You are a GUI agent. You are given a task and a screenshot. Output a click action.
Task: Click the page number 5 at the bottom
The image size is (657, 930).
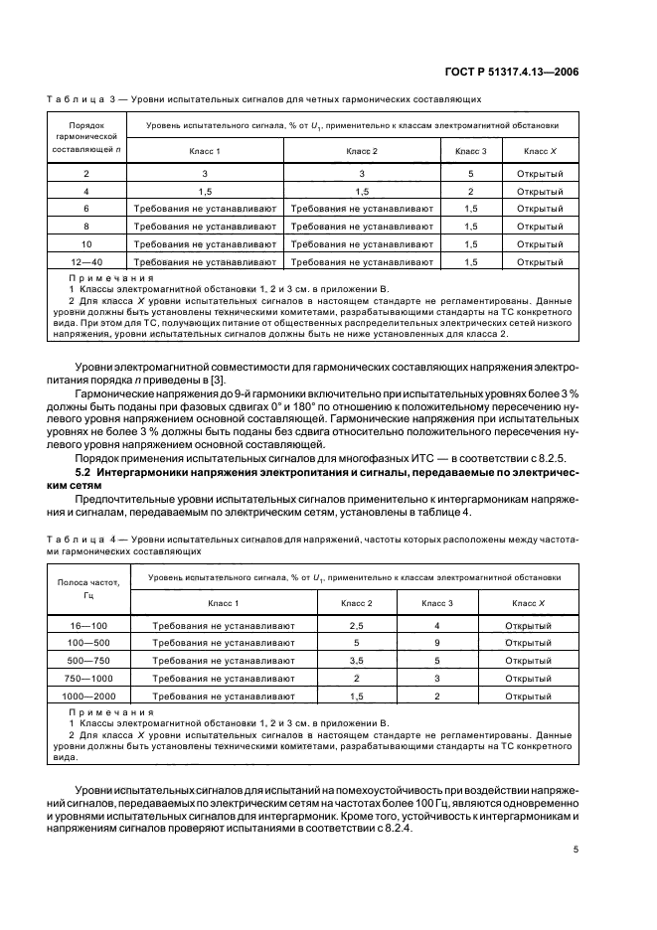tap(576, 851)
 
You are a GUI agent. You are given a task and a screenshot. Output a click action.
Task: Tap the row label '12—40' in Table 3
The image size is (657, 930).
tap(86, 261)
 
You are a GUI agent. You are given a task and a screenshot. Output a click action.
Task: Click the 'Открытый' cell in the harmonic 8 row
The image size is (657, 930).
tap(541, 227)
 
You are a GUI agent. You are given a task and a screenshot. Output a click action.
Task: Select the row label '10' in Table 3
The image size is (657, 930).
tap(86, 243)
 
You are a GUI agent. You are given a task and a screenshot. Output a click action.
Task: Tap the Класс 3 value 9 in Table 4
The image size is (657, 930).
tap(437, 644)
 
